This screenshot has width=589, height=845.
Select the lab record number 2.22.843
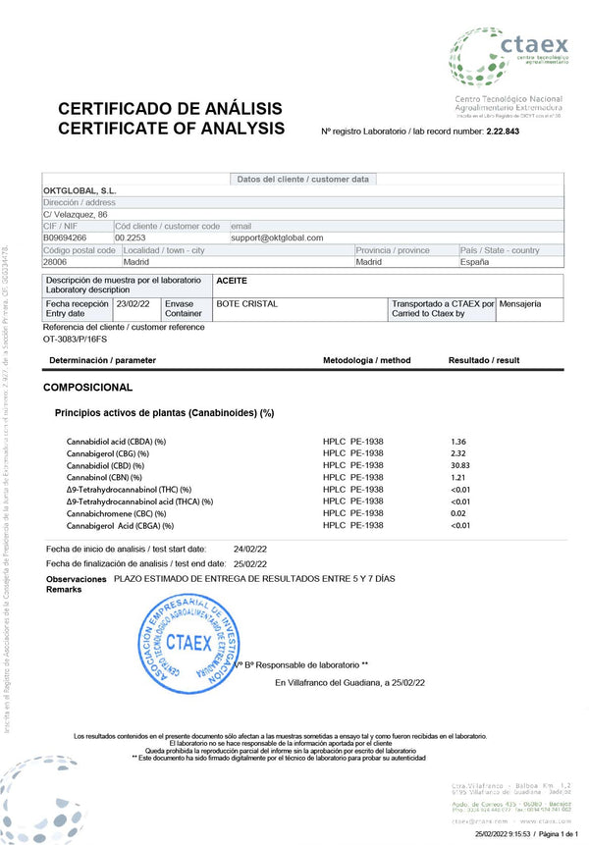click(x=503, y=132)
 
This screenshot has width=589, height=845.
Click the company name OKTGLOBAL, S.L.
click(x=81, y=190)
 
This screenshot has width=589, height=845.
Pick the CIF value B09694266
click(x=65, y=238)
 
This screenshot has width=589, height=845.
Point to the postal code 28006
click(x=55, y=262)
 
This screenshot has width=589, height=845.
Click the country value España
click(x=475, y=262)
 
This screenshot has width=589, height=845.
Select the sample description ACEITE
click(x=232, y=281)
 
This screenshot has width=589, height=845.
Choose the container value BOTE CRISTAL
click(x=246, y=304)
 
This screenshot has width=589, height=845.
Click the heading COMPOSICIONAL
click(x=87, y=388)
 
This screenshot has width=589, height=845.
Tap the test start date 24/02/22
click(x=250, y=549)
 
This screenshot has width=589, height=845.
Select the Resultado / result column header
click(x=484, y=361)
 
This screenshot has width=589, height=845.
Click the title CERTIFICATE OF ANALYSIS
click(x=172, y=129)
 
